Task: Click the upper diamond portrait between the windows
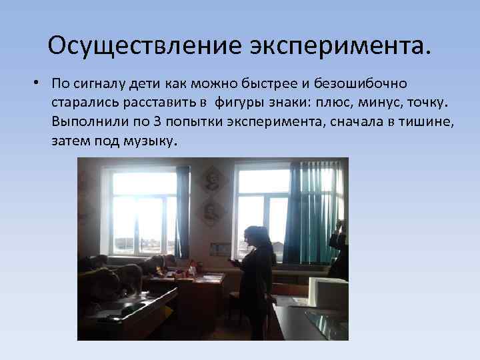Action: [x=212, y=179]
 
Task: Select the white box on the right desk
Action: [x=327, y=291]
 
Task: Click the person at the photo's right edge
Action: [x=340, y=250]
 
